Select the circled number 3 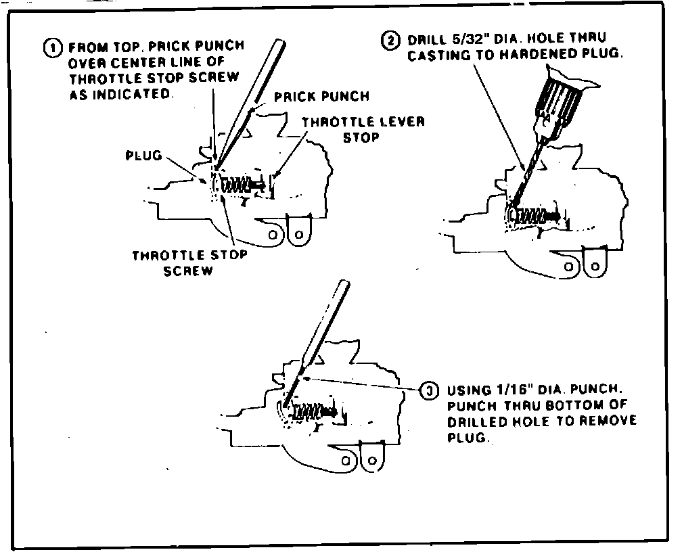[428, 390]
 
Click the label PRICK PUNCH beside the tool [321, 97]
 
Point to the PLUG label [143, 156]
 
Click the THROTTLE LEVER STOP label [363, 129]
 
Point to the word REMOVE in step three [608, 421]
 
